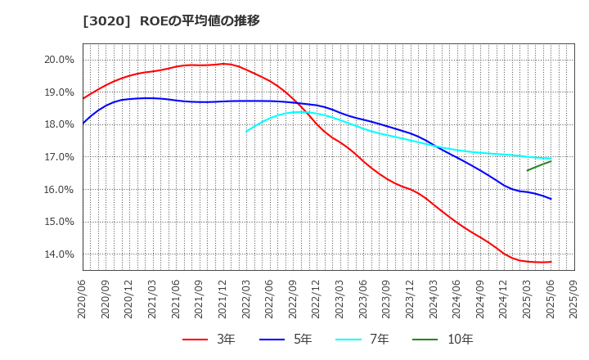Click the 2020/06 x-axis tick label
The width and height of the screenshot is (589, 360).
pos(83,300)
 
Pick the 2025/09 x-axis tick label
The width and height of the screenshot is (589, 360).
pos(574,300)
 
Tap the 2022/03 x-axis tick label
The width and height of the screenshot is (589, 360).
pos(246,300)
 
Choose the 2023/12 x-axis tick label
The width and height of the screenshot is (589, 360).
pos(411,300)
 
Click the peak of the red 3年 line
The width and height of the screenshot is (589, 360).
pos(223,64)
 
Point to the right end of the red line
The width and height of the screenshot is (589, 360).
pos(551,262)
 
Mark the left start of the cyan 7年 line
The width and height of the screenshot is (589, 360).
pos(246,131)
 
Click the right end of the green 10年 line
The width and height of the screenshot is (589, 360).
pos(551,161)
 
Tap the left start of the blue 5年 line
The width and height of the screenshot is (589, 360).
pos(83,124)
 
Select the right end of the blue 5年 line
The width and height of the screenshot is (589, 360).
pos(551,199)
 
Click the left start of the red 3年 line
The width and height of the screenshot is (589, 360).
pos(83,99)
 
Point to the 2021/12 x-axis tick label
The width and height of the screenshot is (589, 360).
pos(223,300)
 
